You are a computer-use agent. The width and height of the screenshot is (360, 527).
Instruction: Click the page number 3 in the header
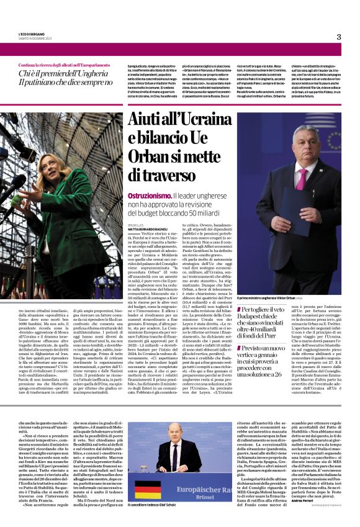point(339,37)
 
